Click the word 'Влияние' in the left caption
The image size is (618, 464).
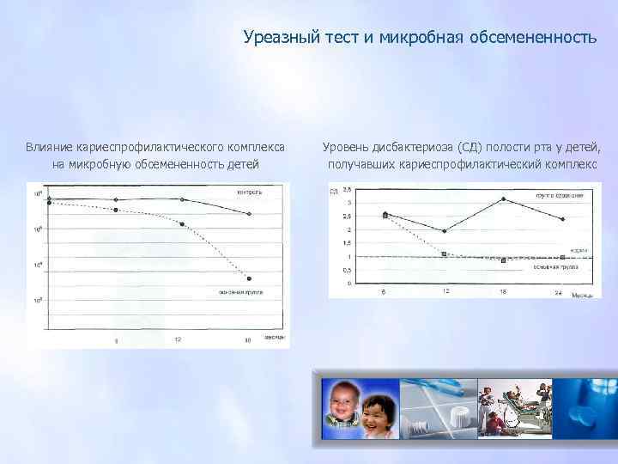(x=48, y=147)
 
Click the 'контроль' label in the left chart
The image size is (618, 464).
(x=249, y=192)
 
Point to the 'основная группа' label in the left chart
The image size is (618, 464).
(x=240, y=292)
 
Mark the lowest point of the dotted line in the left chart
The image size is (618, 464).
(x=249, y=278)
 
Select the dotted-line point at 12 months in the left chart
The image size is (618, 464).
(x=182, y=224)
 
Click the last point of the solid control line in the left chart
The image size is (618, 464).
(x=249, y=214)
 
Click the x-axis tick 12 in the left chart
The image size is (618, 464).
(x=178, y=340)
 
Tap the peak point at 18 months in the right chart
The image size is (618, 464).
(x=504, y=199)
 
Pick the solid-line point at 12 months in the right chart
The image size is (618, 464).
(x=444, y=230)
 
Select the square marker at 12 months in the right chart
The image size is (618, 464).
(x=444, y=253)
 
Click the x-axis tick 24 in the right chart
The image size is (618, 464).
(x=559, y=293)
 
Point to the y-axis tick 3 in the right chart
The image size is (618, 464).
(x=348, y=203)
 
